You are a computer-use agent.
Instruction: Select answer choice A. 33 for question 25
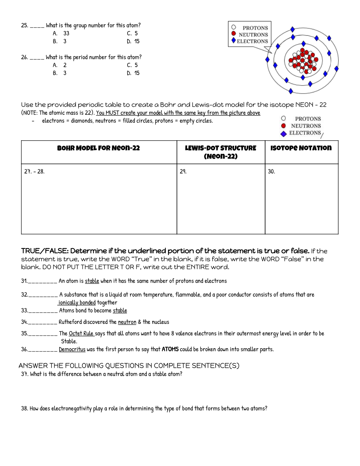pyautogui.click(x=61, y=33)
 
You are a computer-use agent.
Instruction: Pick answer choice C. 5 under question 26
pyautogui.click(x=132, y=65)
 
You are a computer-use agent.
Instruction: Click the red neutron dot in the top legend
pyautogui.click(x=234, y=33)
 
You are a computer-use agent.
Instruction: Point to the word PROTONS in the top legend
pyautogui.click(x=255, y=28)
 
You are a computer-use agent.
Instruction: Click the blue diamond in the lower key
pyautogui.click(x=284, y=134)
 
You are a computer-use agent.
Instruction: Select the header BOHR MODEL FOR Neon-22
pyautogui.click(x=99, y=148)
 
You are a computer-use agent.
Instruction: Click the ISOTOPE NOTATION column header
pyautogui.click(x=301, y=148)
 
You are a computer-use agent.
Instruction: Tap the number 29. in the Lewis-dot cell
pyautogui.click(x=183, y=172)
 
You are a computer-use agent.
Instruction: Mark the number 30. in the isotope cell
pyautogui.click(x=271, y=172)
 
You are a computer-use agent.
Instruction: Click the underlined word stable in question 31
pyautogui.click(x=92, y=281)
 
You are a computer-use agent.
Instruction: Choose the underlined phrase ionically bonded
pyautogui.click(x=77, y=303)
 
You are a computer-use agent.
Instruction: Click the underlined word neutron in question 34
pyautogui.click(x=127, y=322)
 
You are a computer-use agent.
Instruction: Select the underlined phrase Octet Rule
pyautogui.click(x=81, y=333)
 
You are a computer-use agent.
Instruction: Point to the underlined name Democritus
pyautogui.click(x=72, y=349)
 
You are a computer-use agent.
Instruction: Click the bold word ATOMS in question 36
pyautogui.click(x=170, y=349)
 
